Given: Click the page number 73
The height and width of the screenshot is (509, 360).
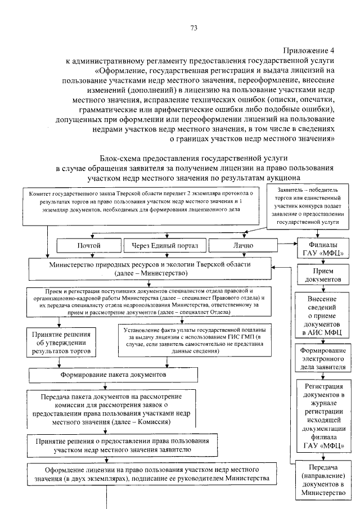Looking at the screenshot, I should (193, 28).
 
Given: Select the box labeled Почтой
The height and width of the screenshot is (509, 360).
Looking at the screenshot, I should (88, 246).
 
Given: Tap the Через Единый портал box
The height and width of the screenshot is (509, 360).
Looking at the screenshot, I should (163, 246).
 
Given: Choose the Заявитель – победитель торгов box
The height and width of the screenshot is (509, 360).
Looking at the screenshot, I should (307, 206).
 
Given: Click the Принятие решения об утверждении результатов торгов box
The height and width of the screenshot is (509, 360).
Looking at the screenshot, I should (61, 343).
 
